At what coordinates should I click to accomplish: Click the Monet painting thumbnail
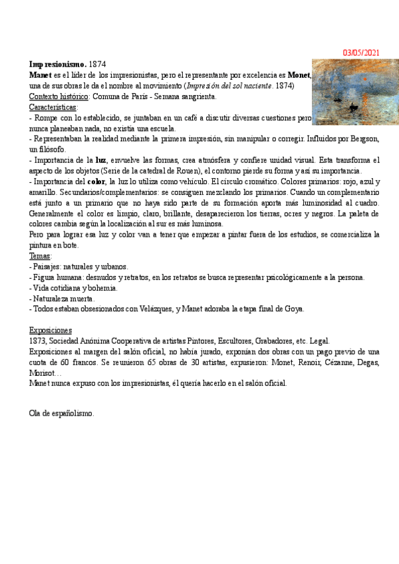click(x=355, y=91)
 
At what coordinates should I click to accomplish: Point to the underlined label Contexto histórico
click(x=59, y=96)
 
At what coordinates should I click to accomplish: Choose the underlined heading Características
click(x=53, y=107)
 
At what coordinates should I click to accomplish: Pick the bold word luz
click(x=101, y=160)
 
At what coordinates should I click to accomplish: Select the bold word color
click(x=98, y=182)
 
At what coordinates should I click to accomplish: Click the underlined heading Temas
click(x=41, y=256)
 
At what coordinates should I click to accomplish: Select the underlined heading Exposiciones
click(x=51, y=331)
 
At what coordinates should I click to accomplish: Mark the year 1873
click(x=38, y=341)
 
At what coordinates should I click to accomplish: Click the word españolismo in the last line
click(x=72, y=414)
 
